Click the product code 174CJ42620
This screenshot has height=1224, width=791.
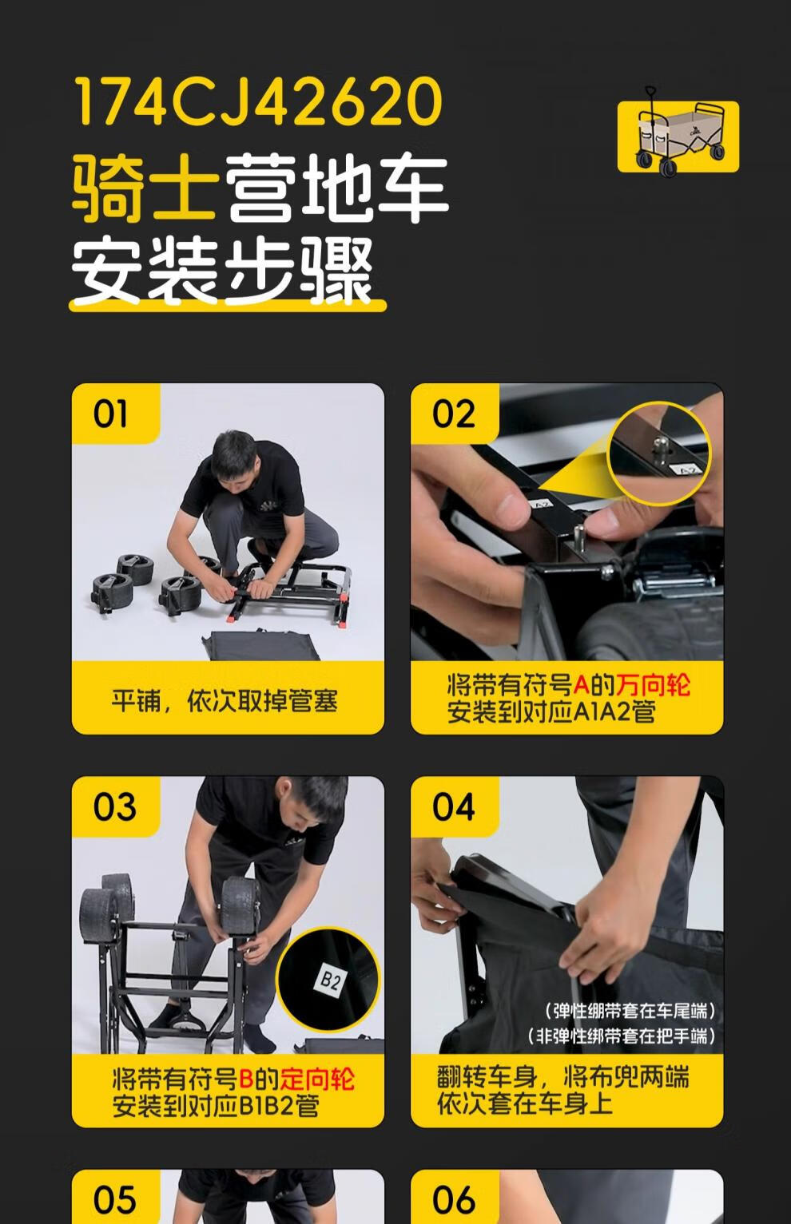[257, 101]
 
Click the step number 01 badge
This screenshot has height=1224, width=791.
[111, 414]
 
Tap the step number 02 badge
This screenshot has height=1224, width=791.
[453, 414]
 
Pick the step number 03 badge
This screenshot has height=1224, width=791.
[114, 807]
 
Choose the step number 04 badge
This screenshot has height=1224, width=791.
[453, 807]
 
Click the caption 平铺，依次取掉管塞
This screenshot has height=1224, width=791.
[225, 701]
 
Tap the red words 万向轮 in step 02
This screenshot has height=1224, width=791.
[653, 685]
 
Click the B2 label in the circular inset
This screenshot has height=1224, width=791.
[330, 980]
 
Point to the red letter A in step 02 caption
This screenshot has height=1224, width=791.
[581, 685]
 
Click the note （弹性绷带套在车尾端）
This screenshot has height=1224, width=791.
[630, 1011]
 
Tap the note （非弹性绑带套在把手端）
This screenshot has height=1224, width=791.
[622, 1036]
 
